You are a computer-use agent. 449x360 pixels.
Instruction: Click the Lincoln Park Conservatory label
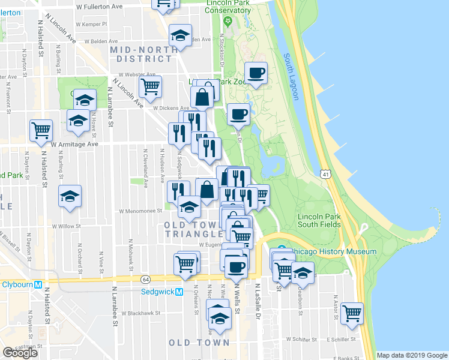tap(228, 7)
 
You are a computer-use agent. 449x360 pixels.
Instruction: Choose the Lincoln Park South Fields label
tap(319, 220)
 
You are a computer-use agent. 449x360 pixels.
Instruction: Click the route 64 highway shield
tap(146, 279)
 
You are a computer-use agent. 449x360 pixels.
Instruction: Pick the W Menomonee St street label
tap(140, 211)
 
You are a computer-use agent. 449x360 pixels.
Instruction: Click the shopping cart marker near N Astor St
tap(352, 313)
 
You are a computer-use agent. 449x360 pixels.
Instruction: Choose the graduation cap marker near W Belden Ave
tap(180, 35)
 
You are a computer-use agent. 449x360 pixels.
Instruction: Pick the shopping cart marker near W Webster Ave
tap(149, 86)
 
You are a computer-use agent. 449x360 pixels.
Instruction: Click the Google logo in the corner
tap(20, 353)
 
